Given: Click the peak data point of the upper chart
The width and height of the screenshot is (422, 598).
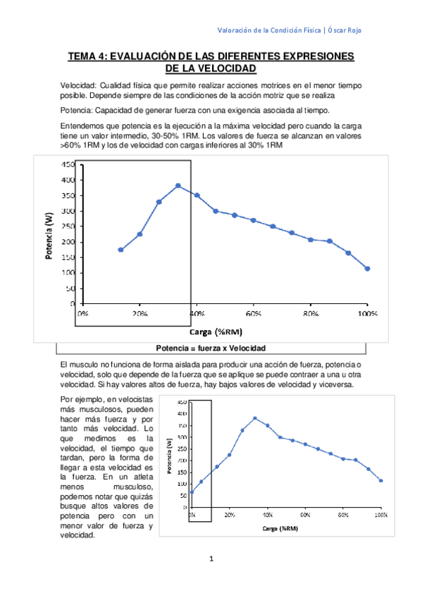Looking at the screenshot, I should pos(178,185).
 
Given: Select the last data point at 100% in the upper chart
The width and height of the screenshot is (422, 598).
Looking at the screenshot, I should pos(367,269).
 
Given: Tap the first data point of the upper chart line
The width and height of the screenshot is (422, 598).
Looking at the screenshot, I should pos(120,250).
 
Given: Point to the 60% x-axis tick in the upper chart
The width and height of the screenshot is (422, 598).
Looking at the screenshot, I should pos(254,312).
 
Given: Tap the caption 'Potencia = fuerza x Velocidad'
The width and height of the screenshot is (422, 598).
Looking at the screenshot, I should pos(211,348).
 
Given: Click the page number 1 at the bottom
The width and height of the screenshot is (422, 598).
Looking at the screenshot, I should pos(211,559).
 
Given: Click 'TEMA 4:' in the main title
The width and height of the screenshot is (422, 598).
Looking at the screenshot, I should pos(91,56).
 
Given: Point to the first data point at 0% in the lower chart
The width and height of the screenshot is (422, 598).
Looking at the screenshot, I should pos(192,492).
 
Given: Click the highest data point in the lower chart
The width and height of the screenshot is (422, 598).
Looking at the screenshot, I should pos(255,418).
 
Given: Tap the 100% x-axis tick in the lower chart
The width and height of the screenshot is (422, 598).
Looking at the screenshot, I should pos(381,515).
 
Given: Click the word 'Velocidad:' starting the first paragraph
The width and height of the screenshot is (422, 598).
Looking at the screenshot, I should pos(82,85).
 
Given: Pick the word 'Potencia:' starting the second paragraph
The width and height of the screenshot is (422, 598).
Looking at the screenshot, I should pos(79,110).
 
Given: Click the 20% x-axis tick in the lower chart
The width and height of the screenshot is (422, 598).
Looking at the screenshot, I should pos(230,515).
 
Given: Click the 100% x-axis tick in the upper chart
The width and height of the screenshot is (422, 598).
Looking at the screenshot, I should pos(367,312).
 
